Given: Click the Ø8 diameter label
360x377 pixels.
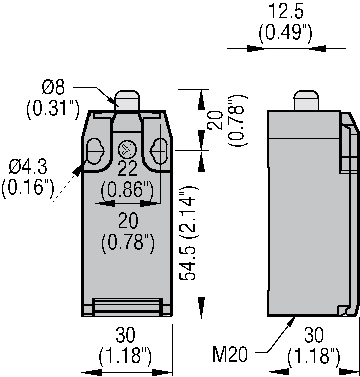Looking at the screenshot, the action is [53, 87].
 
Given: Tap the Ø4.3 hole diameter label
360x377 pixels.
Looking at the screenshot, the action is [28, 166].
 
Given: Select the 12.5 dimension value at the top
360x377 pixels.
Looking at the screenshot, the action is [286, 11].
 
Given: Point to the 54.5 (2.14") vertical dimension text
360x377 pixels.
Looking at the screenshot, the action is [188, 233].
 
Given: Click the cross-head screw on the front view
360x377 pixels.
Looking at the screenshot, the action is [127, 150].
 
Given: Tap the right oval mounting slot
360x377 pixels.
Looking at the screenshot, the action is [159, 151].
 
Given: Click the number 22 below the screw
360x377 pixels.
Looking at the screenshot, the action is [127, 168].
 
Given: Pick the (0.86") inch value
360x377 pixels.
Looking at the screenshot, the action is [127, 190].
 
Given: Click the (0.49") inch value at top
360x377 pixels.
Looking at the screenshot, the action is [286, 32].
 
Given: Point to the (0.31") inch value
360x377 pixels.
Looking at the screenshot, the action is [53, 108].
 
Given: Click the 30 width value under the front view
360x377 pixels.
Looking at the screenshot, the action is [125, 335].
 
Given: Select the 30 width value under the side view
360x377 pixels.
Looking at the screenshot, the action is [314, 335].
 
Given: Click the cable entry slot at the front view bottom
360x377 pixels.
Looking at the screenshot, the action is [128, 307].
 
